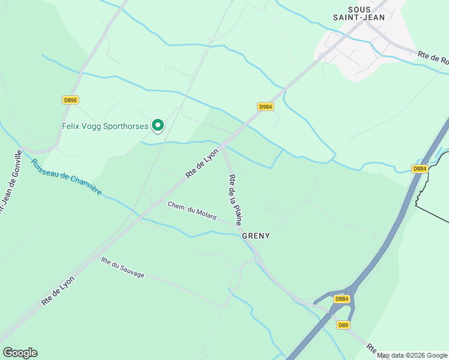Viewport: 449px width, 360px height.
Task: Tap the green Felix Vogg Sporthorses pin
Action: (x=158, y=125)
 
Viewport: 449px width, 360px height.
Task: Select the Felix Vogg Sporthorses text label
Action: (x=105, y=126)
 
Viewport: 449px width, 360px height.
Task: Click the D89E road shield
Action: (x=70, y=100)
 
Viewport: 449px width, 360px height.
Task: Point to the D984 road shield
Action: (x=265, y=106)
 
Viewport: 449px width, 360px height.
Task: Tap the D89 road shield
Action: (x=343, y=325)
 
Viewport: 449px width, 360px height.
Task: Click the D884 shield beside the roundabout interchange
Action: (x=342, y=299)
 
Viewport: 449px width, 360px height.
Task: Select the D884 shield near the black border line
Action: (x=420, y=169)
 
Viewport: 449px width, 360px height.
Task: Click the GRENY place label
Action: (x=256, y=236)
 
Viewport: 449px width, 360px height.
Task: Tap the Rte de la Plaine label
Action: (x=235, y=199)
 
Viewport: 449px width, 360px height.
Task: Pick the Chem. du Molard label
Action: (x=191, y=211)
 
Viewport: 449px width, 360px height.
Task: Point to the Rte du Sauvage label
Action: (x=122, y=267)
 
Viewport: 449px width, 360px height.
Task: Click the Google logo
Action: (x=20, y=353)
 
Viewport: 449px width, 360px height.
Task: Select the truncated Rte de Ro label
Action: (x=432, y=58)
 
